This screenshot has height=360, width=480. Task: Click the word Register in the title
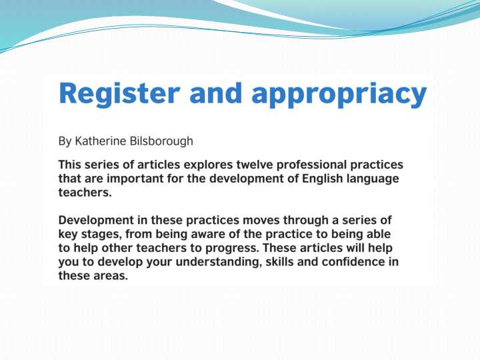(119, 94)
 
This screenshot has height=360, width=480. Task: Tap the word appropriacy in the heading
(339, 94)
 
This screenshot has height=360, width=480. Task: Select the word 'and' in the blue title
(215, 93)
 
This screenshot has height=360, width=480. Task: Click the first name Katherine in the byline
(101, 141)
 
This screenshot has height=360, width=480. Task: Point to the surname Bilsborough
(161, 141)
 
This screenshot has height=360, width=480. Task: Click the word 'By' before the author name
(65, 141)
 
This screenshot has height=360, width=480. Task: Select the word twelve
(255, 165)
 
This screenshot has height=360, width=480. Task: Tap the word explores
(208, 165)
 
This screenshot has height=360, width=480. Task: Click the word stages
(99, 235)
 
